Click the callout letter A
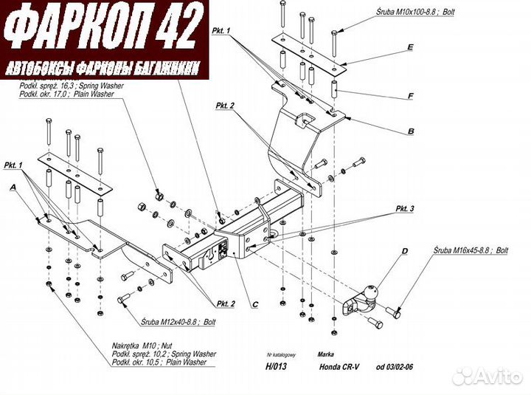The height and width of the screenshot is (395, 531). click(x=13, y=188)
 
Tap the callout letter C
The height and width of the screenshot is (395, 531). click(x=254, y=303)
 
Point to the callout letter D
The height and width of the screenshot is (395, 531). click(x=403, y=252)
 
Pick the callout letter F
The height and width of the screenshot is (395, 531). click(x=410, y=95)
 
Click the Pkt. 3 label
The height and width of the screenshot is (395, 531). click(x=404, y=209)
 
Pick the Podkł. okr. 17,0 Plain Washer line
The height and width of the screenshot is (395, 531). click(x=70, y=95)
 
